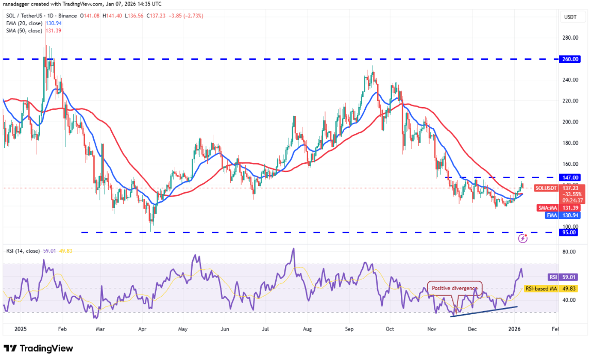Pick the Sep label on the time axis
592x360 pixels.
(x=349, y=328)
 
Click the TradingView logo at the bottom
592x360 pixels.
(x=38, y=348)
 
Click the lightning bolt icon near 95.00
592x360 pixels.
(x=523, y=238)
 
